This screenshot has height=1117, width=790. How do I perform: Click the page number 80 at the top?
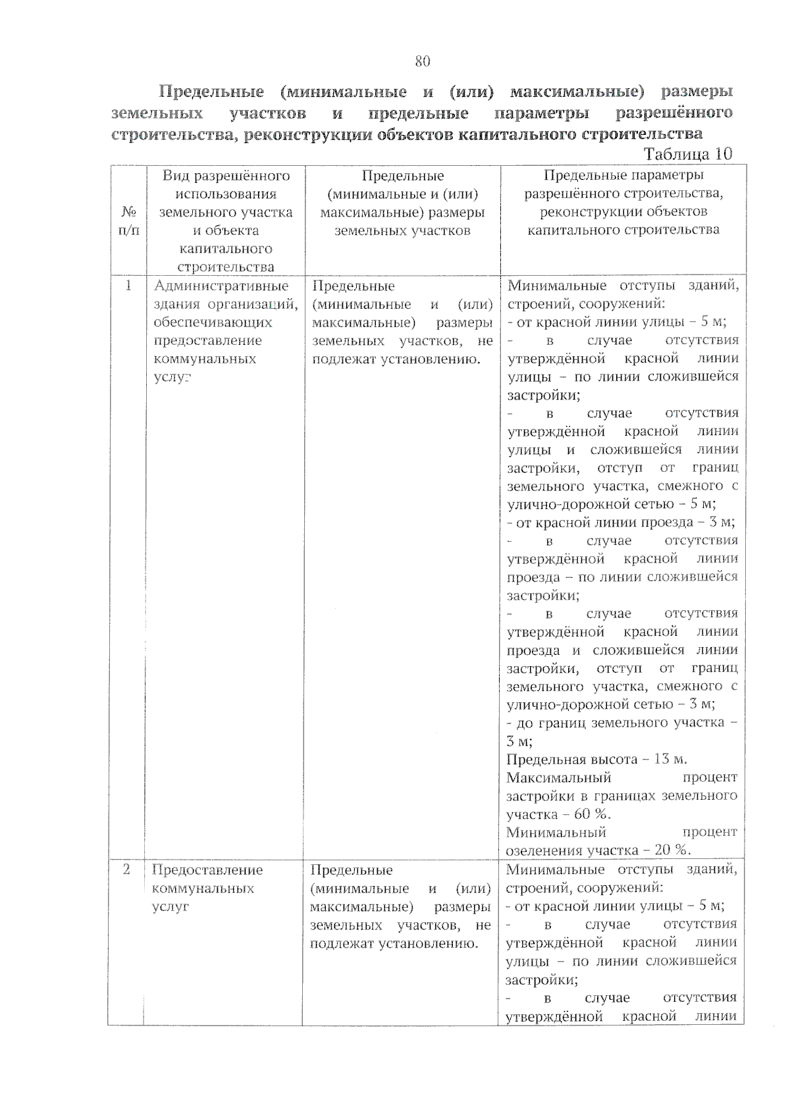click(x=422, y=61)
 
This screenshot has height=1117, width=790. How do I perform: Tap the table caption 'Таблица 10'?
click(x=688, y=154)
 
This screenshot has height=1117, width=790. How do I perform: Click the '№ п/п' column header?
click(x=129, y=221)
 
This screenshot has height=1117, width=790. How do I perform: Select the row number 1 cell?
click(x=128, y=286)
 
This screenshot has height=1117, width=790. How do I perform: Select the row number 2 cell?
click(x=126, y=870)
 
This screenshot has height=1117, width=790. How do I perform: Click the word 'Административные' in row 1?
click(x=221, y=286)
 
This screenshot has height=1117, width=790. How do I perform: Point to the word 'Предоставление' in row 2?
click(x=207, y=870)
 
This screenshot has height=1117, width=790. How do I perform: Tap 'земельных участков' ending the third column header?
click(x=402, y=231)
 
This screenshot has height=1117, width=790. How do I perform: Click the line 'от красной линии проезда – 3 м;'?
click(x=621, y=523)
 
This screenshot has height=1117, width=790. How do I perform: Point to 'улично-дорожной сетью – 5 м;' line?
click(x=611, y=504)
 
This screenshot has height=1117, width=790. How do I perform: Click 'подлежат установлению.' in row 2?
click(x=394, y=943)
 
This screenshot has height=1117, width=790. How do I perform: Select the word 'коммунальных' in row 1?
click(x=205, y=359)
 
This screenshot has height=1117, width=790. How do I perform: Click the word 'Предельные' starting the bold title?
click(x=211, y=91)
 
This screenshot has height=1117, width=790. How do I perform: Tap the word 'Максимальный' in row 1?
click(x=559, y=777)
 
